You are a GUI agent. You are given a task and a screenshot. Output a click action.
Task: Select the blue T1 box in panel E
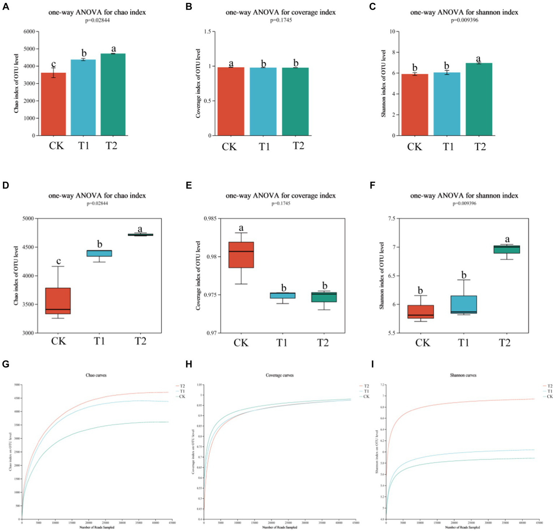(x=282, y=295)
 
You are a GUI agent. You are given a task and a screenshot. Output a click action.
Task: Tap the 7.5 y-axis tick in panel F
(x=392, y=219)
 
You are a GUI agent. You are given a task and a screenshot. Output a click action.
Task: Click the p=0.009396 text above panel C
(x=464, y=20)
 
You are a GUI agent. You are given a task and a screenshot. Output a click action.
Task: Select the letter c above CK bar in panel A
(x=54, y=64)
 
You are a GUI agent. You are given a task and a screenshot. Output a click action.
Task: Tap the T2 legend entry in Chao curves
(x=182, y=386)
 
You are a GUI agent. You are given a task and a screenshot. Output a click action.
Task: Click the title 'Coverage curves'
(x=279, y=375)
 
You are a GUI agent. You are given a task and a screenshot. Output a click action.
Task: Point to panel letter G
(x=5, y=364)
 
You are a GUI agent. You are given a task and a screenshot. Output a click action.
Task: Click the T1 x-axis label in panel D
(x=99, y=341)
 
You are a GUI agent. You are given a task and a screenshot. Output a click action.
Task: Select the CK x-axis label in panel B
(x=229, y=147)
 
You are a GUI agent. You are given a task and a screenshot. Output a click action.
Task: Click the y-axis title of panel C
(x=384, y=83)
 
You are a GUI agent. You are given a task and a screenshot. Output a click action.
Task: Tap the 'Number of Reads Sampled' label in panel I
(x=462, y=527)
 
